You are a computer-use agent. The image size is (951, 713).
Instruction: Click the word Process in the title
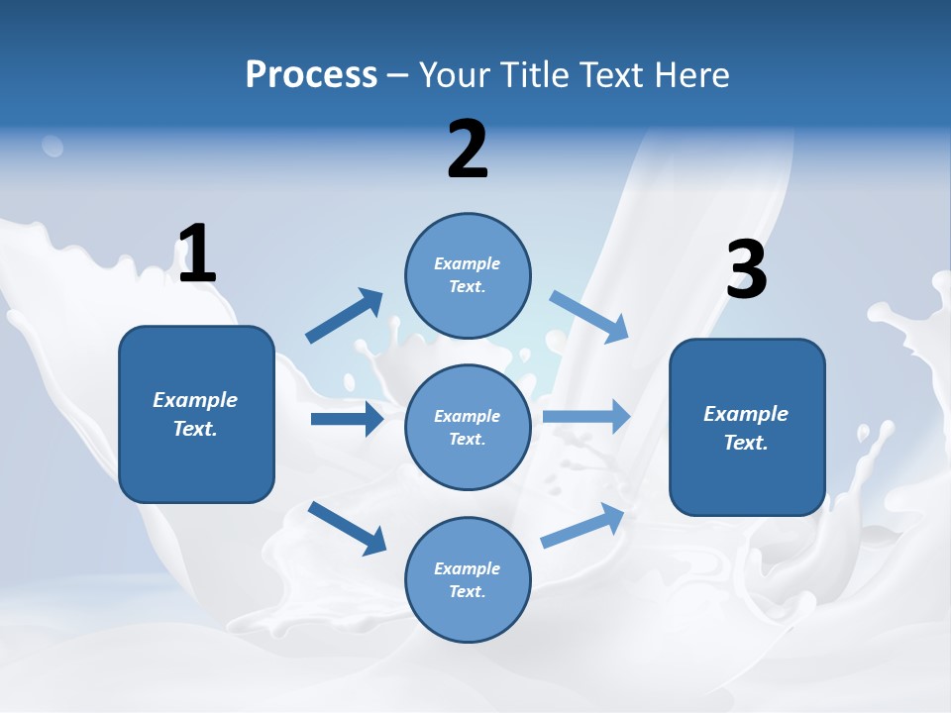click(x=311, y=74)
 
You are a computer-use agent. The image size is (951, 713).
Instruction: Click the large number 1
click(x=197, y=254)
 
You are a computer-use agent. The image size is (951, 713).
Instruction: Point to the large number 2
click(x=468, y=150)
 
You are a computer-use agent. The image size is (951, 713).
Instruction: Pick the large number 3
click(x=746, y=270)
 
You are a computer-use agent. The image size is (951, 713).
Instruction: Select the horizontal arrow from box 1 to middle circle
click(x=347, y=419)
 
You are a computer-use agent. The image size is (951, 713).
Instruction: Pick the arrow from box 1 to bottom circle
click(x=348, y=527)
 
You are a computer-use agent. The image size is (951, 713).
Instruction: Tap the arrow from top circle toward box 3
click(x=589, y=316)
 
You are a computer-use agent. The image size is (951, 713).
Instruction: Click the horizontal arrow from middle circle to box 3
click(x=586, y=416)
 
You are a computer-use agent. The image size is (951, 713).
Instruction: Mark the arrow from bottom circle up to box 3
click(x=583, y=526)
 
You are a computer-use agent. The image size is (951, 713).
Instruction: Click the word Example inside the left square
click(x=195, y=400)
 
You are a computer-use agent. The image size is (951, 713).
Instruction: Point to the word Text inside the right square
click(x=745, y=443)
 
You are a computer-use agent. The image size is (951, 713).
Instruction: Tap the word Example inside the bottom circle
click(x=467, y=568)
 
